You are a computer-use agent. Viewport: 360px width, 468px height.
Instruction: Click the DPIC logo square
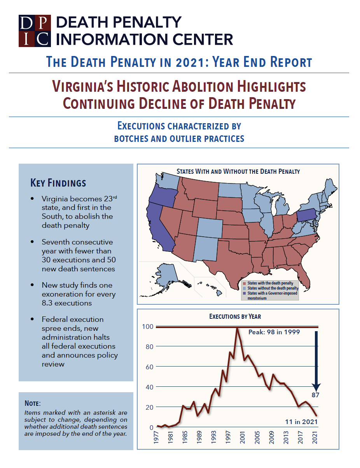(x=35, y=31)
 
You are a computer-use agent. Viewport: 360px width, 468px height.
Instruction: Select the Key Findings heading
(x=58, y=183)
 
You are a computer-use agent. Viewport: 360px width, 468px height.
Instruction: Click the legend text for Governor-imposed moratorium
(x=272, y=293)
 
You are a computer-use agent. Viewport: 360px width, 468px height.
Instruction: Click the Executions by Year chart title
(x=235, y=316)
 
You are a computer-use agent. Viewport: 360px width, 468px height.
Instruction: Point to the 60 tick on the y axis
(x=149, y=367)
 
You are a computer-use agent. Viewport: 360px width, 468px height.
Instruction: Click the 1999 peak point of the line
(x=237, y=329)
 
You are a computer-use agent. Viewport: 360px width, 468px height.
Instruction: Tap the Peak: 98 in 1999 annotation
(x=274, y=333)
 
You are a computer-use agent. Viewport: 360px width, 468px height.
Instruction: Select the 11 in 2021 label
(x=301, y=421)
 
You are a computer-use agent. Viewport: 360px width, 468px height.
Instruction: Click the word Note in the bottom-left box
(x=32, y=403)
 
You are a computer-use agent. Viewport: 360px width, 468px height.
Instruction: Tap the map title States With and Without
(x=238, y=171)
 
